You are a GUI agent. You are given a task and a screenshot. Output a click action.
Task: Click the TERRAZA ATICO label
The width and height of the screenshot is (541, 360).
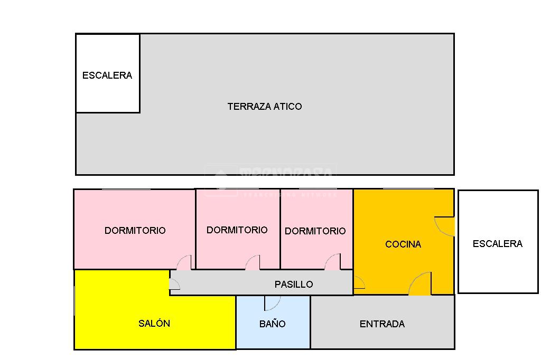[x=265, y=107]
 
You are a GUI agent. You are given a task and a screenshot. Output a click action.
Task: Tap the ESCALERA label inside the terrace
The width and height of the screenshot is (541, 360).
[x=107, y=75]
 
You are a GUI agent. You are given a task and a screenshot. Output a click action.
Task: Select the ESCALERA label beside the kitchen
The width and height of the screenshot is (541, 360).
[x=497, y=244]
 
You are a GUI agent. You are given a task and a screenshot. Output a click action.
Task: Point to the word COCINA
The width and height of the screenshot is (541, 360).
[x=403, y=244]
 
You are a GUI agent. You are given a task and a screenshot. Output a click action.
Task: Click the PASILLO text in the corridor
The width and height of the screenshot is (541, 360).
[x=294, y=285]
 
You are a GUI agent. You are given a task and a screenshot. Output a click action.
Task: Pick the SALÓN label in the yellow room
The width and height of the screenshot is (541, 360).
[x=154, y=324]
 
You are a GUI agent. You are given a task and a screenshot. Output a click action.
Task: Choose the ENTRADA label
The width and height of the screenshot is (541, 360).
[x=382, y=324]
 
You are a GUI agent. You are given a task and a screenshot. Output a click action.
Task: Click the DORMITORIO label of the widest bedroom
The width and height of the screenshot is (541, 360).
[x=135, y=231]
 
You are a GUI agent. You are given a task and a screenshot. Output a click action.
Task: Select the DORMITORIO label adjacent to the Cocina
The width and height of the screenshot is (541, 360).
[x=315, y=231]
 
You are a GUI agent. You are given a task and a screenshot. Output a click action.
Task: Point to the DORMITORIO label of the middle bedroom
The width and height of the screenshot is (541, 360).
[x=237, y=230]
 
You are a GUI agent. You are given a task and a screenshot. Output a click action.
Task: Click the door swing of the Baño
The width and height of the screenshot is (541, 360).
[x=272, y=302]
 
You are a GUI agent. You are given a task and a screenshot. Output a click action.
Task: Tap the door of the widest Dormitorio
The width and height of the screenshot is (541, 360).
[x=184, y=262]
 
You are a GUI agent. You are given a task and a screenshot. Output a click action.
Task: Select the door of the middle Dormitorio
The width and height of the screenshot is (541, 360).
[x=253, y=262]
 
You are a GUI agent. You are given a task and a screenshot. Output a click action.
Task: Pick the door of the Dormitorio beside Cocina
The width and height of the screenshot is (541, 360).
[x=333, y=262]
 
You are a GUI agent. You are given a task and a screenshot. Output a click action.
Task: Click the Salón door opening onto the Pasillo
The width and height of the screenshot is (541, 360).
[x=175, y=284]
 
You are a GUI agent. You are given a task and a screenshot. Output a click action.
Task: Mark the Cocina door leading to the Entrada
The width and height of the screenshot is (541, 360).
[x=421, y=283]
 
